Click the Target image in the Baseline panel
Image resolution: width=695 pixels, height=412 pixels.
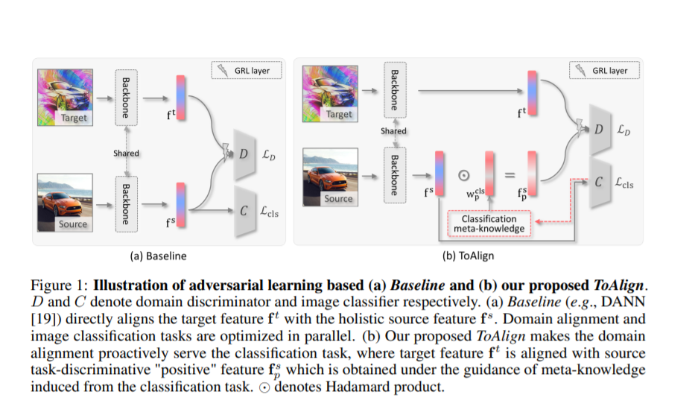[66, 96]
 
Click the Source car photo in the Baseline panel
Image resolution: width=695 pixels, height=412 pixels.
[66, 203]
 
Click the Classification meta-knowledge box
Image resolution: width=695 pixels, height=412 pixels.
[489, 224]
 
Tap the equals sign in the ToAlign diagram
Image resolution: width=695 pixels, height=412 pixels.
[510, 176]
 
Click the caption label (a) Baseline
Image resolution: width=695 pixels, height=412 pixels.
[158, 256]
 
